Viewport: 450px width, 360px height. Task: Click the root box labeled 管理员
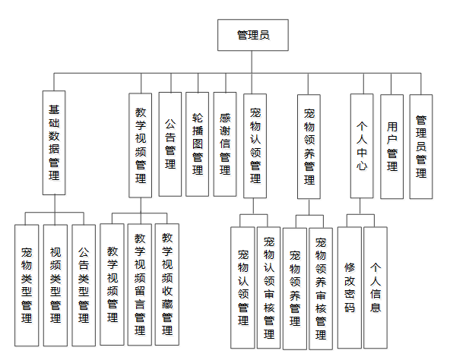point(253,35)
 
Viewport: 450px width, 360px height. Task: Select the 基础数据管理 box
point(54,143)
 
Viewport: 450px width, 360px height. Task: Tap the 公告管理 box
point(170,144)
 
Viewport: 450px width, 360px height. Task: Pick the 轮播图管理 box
point(197,144)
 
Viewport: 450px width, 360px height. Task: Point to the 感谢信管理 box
point(225,144)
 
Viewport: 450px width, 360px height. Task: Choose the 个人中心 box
point(362,146)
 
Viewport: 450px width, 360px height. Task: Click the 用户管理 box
point(391,147)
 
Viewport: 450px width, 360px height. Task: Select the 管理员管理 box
point(421,147)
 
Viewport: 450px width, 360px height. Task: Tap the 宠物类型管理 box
point(27,286)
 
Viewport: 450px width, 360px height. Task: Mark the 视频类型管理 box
point(55,286)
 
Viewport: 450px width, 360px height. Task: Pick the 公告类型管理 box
point(84,286)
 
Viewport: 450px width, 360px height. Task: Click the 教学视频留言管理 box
point(140,285)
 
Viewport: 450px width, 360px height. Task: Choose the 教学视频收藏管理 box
point(167,285)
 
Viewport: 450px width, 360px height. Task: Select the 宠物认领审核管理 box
point(268,288)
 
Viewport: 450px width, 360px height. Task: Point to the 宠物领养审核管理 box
point(321,289)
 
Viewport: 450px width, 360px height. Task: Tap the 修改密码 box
point(350,288)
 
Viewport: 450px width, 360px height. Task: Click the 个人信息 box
point(376,288)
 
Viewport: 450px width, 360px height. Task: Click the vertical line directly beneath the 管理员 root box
point(252,62)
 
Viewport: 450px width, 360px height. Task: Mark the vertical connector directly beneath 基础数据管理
point(55,204)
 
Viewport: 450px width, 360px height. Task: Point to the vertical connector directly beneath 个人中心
point(360,207)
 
